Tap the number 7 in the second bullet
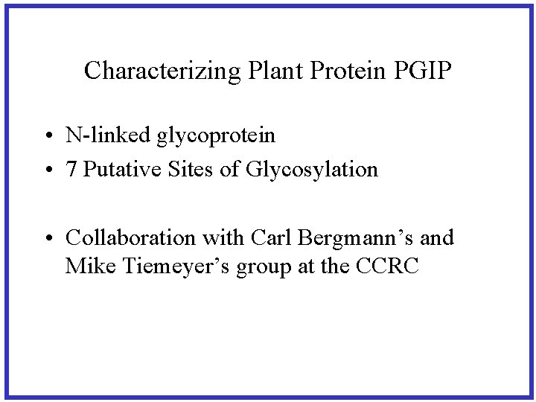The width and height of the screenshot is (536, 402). (x=71, y=170)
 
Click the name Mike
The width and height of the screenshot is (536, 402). (x=86, y=266)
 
